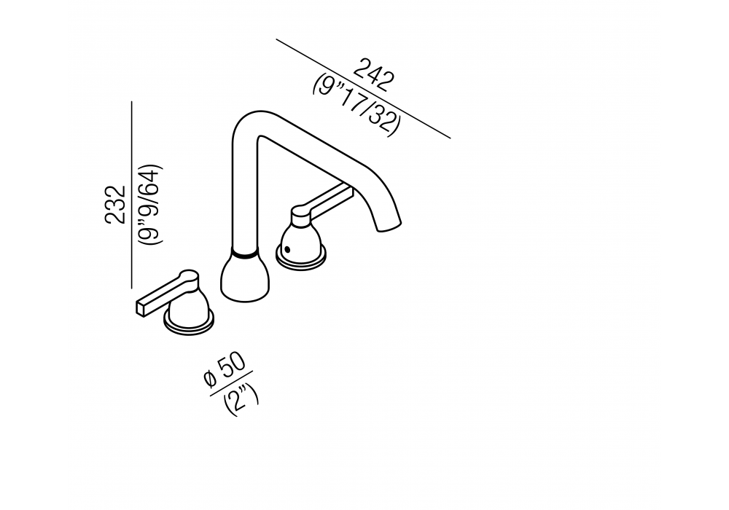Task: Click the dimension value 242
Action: (x=374, y=74)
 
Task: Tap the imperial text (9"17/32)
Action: (x=356, y=106)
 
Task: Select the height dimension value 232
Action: (x=115, y=205)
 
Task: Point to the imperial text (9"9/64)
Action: (x=150, y=205)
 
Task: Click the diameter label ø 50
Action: (x=224, y=371)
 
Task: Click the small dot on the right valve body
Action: (x=287, y=250)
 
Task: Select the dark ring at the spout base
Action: (x=244, y=254)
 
